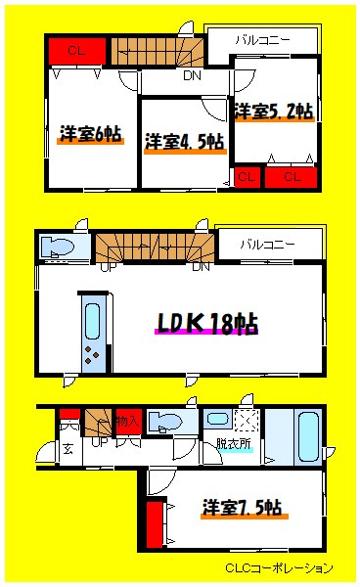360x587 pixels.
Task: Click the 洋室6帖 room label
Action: (x=90, y=134)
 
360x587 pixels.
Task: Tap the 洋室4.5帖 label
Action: (x=184, y=142)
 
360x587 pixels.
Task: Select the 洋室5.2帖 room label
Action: (x=273, y=111)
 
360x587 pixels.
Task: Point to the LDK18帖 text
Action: (x=206, y=324)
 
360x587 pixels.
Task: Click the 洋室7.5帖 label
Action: (x=243, y=509)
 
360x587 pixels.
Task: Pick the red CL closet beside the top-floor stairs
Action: (x=75, y=49)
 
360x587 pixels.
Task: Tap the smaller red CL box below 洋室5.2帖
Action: (x=245, y=177)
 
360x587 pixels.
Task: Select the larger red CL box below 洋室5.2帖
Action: (x=292, y=177)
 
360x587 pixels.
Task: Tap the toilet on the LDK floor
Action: (x=65, y=246)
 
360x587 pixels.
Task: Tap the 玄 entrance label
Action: (x=68, y=450)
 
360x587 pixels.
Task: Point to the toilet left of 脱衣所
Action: (x=168, y=422)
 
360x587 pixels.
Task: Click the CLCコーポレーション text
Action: (x=280, y=568)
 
